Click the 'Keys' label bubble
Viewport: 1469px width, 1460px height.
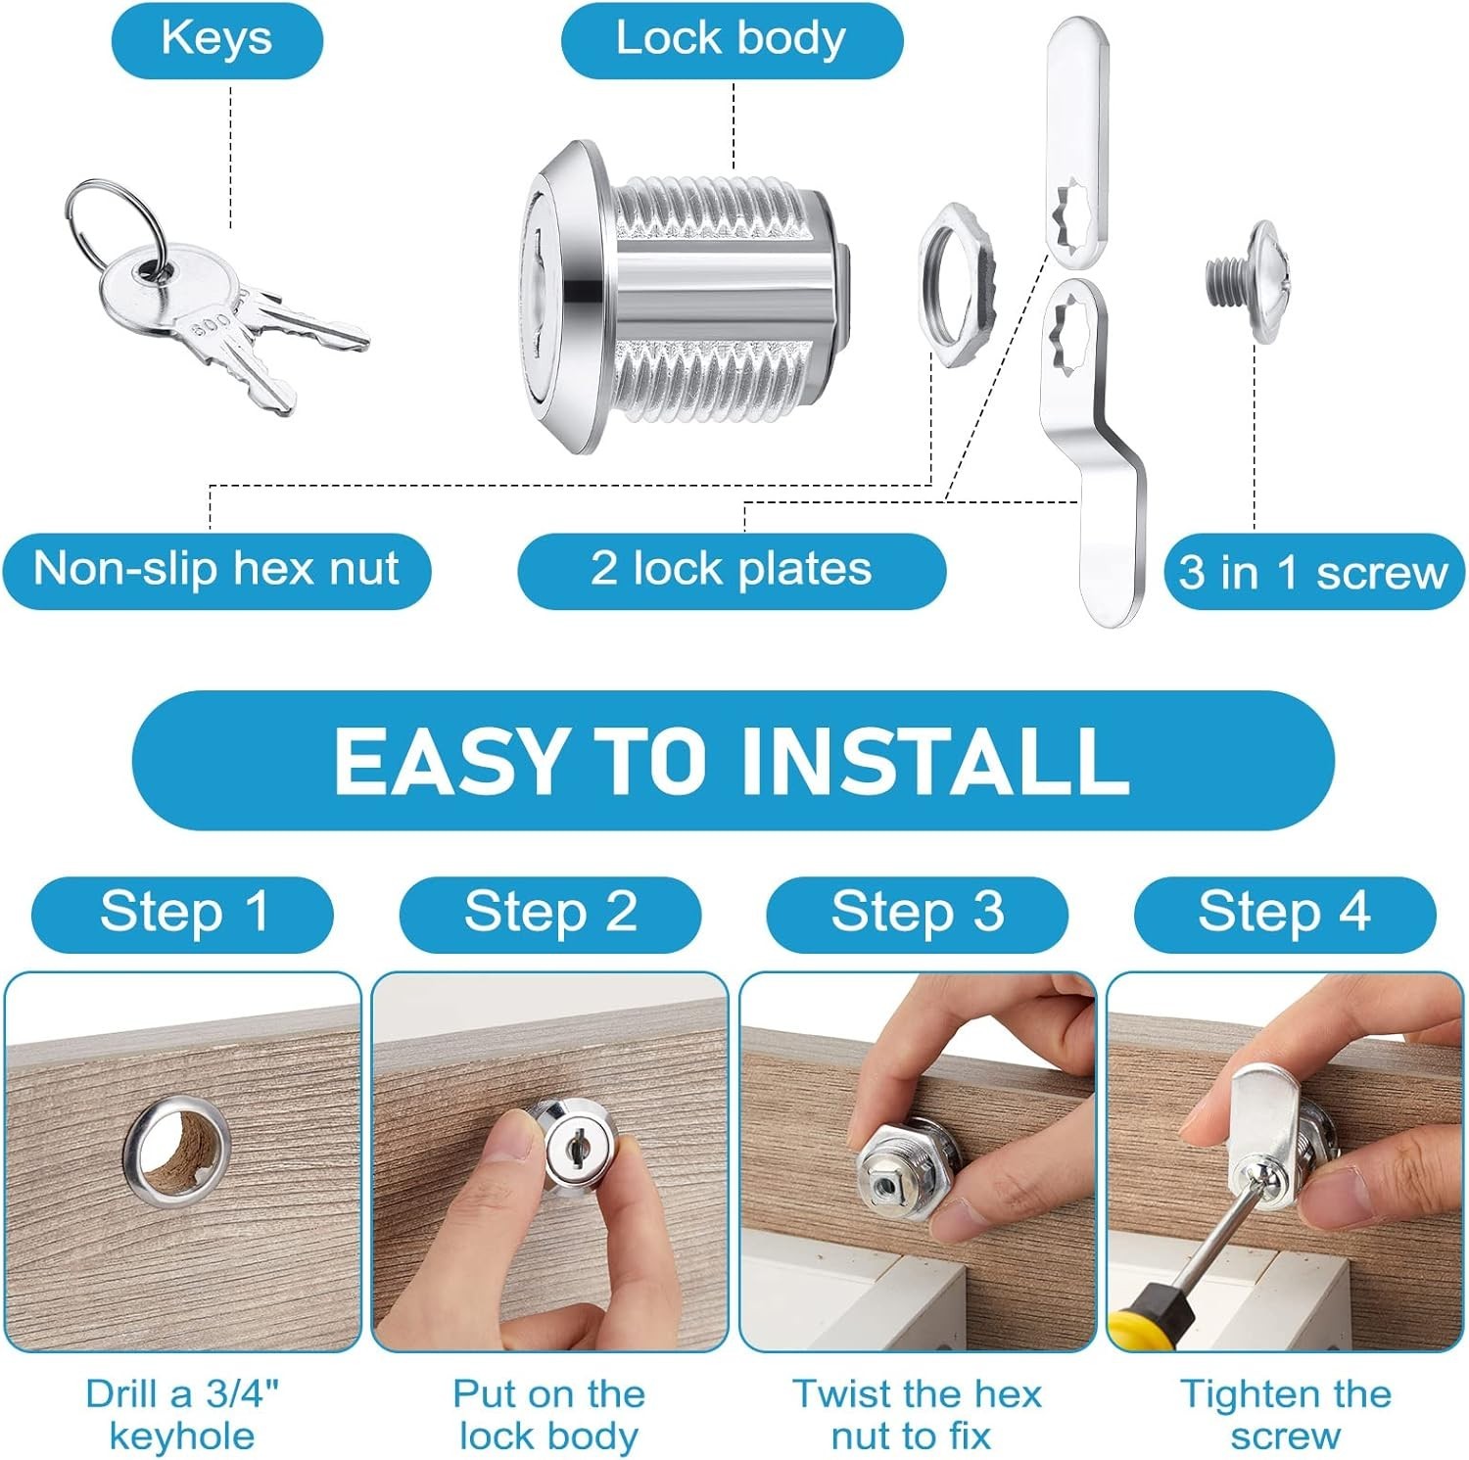click(x=216, y=40)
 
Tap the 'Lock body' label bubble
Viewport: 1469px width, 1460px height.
click(x=731, y=40)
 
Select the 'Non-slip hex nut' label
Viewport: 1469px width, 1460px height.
click(x=216, y=570)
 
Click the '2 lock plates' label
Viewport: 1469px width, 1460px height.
click(x=731, y=570)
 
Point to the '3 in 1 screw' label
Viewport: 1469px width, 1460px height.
click(x=1312, y=572)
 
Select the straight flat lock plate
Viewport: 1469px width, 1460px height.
click(x=1077, y=145)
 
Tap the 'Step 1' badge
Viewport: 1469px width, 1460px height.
click(x=182, y=914)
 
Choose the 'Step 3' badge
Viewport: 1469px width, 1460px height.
click(x=917, y=914)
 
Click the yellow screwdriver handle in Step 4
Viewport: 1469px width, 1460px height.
click(x=1148, y=1317)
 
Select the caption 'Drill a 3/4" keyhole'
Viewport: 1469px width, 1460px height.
click(x=182, y=1415)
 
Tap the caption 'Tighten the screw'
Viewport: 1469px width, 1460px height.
click(x=1285, y=1415)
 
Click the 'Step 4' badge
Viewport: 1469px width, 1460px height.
click(x=1285, y=914)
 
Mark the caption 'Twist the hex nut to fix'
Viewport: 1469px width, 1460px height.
click(x=917, y=1415)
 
